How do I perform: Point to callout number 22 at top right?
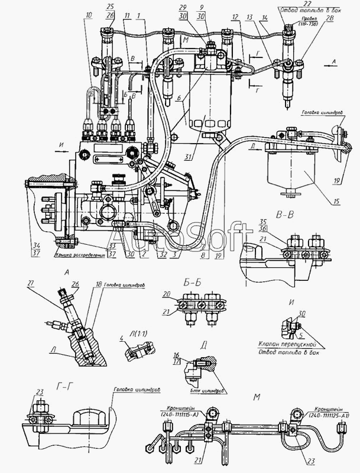(290, 4)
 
